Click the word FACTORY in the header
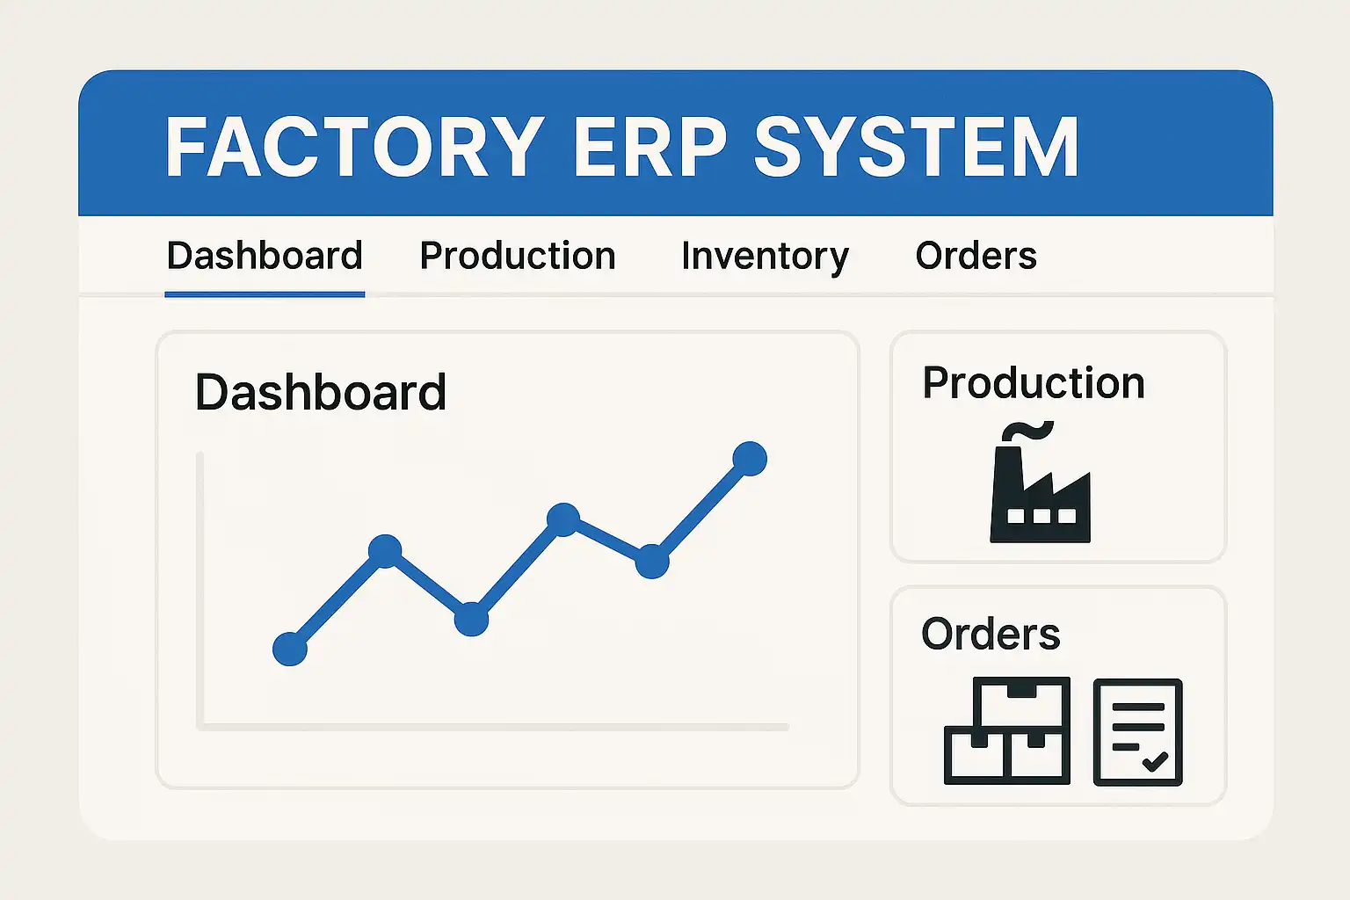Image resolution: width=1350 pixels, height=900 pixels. [x=355, y=147]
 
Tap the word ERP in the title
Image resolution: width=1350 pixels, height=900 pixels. [x=651, y=147]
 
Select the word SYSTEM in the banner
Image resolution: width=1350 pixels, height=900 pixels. [x=917, y=147]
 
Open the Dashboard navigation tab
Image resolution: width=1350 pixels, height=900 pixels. [x=265, y=256]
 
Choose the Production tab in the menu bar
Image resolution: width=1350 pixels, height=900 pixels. [x=518, y=256]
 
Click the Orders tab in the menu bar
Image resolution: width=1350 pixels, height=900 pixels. [x=976, y=256]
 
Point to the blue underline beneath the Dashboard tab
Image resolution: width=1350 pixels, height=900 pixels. [x=265, y=294]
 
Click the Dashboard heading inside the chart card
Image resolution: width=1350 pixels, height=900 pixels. [x=321, y=392]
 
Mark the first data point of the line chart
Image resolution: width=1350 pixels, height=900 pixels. [x=290, y=650]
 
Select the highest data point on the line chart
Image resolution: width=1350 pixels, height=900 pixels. [x=750, y=459]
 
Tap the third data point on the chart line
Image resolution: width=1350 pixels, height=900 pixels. [x=471, y=619]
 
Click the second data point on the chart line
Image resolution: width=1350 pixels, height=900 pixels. [x=385, y=551]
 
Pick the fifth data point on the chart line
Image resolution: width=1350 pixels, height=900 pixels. [x=652, y=562]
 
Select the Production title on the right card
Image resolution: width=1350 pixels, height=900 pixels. [x=1034, y=384]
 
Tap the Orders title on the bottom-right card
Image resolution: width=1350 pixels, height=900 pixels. [x=991, y=635]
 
